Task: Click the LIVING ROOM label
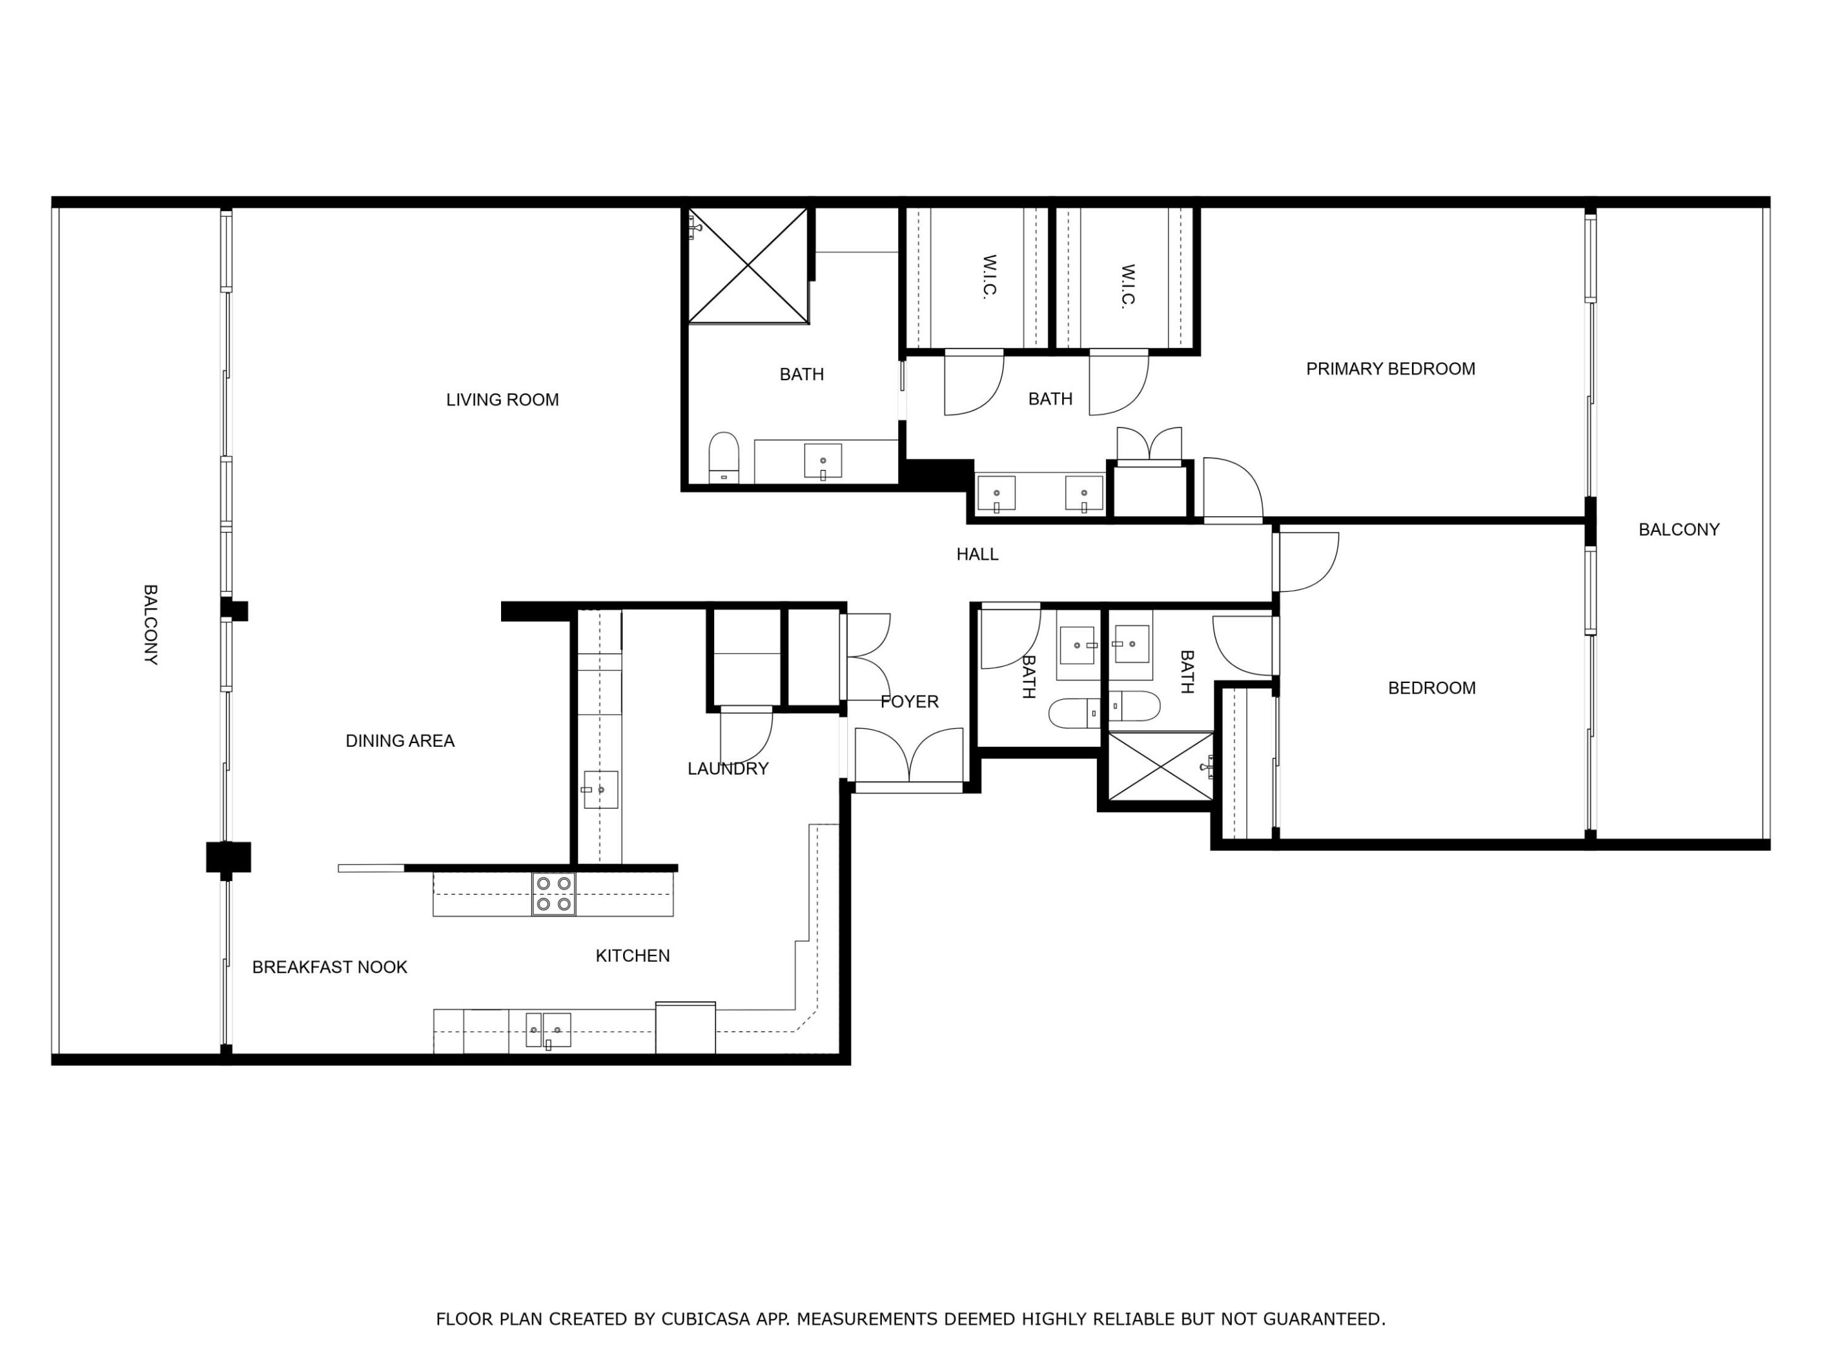(x=502, y=400)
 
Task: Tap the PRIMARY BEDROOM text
(x=1391, y=369)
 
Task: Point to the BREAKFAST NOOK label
(x=330, y=968)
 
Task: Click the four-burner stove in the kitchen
(x=554, y=894)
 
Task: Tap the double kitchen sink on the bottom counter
(x=548, y=1030)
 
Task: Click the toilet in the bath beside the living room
(x=724, y=458)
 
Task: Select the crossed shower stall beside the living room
(x=748, y=265)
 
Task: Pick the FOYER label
(x=909, y=701)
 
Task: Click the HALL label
(x=977, y=554)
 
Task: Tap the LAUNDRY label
(x=728, y=768)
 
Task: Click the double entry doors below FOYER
(x=908, y=758)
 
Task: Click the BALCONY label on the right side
(x=1678, y=529)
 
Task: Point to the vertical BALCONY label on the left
(x=151, y=625)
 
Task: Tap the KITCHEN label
(x=633, y=956)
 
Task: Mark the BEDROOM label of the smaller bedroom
(x=1432, y=688)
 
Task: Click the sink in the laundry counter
(x=600, y=790)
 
